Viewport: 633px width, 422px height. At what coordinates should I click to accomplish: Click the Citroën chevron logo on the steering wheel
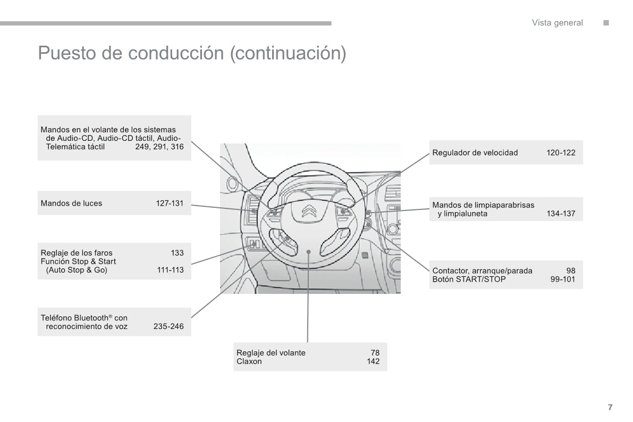[309, 211]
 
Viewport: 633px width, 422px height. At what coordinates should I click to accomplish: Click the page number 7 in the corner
[610, 407]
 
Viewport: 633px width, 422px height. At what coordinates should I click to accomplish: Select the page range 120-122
[561, 153]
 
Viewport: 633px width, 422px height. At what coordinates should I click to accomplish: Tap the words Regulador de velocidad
[475, 153]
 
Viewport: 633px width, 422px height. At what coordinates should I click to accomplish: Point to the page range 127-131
[170, 203]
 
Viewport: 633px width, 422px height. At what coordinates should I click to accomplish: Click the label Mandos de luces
[71, 203]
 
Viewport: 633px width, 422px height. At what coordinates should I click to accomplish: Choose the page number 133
[177, 253]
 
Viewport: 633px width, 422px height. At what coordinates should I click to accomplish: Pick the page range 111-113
[171, 270]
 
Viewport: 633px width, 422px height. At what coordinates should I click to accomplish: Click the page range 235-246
[168, 326]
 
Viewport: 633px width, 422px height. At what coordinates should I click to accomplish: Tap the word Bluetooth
[87, 318]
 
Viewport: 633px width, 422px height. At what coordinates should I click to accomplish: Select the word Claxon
[249, 361]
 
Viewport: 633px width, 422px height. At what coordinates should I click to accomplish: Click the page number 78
[375, 352]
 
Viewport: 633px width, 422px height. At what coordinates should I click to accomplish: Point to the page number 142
[373, 361]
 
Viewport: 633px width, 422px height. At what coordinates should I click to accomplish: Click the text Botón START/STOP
[469, 279]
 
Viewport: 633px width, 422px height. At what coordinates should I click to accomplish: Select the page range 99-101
[563, 279]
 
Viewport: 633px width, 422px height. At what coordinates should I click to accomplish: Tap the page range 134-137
[561, 214]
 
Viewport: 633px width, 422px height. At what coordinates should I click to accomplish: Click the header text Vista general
[557, 23]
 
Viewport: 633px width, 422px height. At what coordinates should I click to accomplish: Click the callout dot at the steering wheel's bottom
[308, 251]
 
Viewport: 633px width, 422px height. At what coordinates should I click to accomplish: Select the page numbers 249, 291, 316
[159, 147]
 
